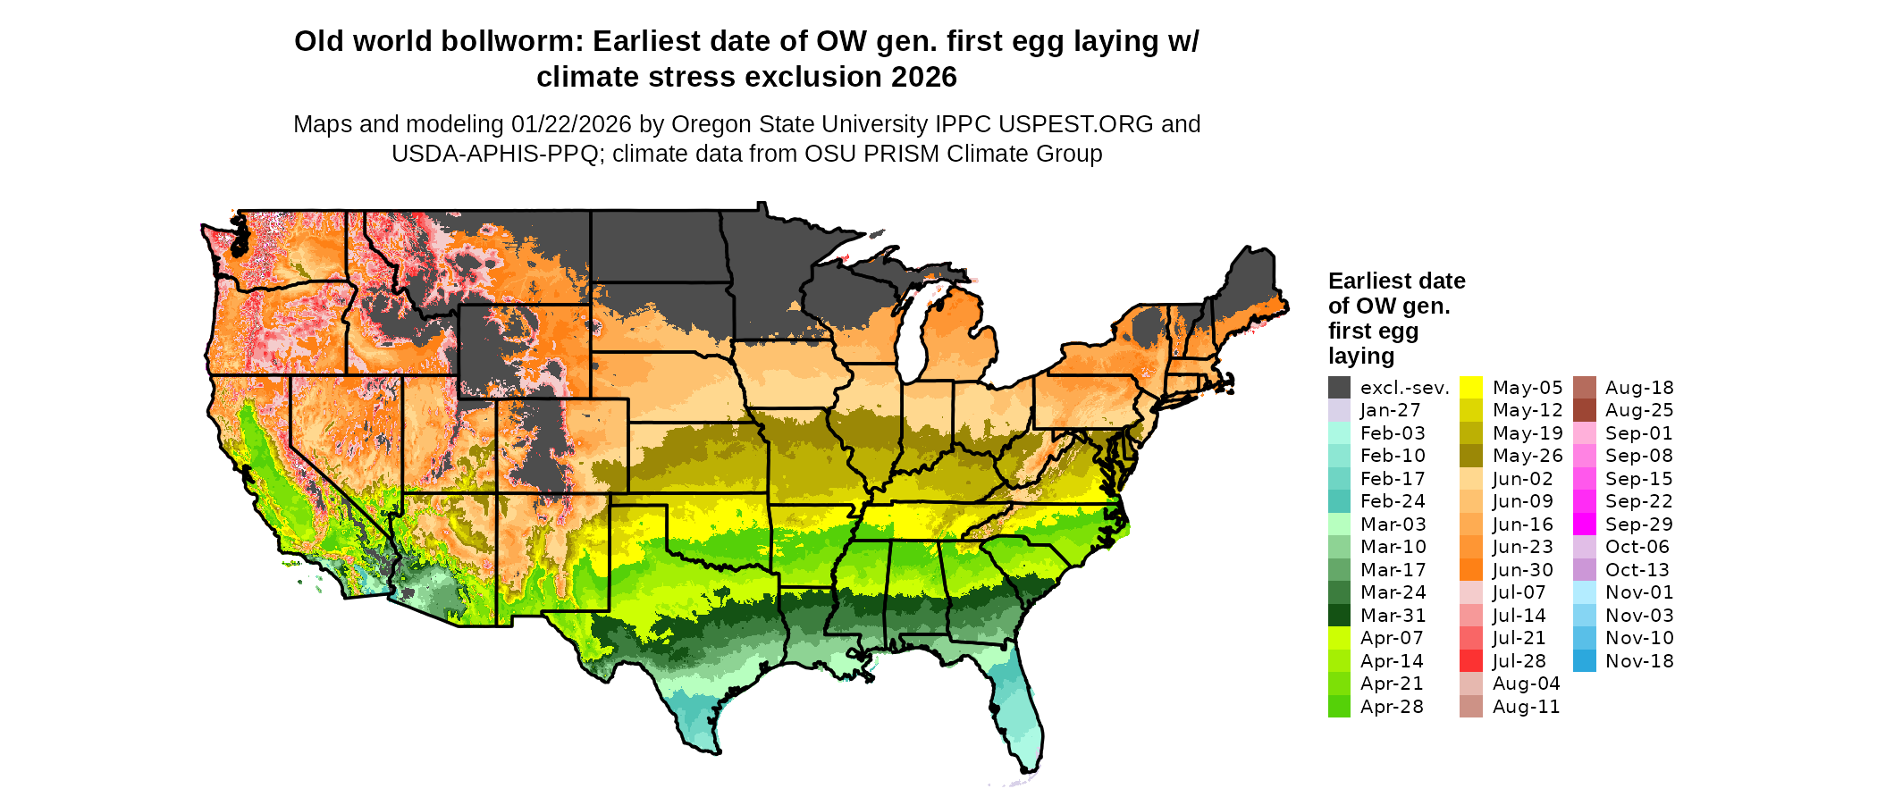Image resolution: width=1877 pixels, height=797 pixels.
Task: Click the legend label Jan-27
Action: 1390,410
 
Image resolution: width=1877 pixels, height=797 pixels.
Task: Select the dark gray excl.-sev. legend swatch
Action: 1339,387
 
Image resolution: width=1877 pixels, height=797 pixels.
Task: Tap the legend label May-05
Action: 1528,388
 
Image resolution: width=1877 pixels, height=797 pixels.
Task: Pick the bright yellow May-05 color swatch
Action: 1471,387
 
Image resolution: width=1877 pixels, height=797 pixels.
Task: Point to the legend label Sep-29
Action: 1639,524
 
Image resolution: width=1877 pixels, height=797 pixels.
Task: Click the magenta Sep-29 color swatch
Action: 1585,524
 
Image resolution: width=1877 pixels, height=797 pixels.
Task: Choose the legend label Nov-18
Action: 1639,661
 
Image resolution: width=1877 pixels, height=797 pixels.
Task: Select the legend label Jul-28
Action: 1519,661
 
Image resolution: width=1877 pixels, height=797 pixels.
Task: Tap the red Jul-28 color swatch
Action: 1471,661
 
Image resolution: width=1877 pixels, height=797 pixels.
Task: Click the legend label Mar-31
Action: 1393,616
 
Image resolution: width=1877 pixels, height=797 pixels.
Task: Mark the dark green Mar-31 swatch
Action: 1339,616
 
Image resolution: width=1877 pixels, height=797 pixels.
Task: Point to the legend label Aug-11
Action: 1526,707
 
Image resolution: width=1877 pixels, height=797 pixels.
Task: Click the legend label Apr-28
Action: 1393,707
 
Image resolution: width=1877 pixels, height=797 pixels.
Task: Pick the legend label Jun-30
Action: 1523,570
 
